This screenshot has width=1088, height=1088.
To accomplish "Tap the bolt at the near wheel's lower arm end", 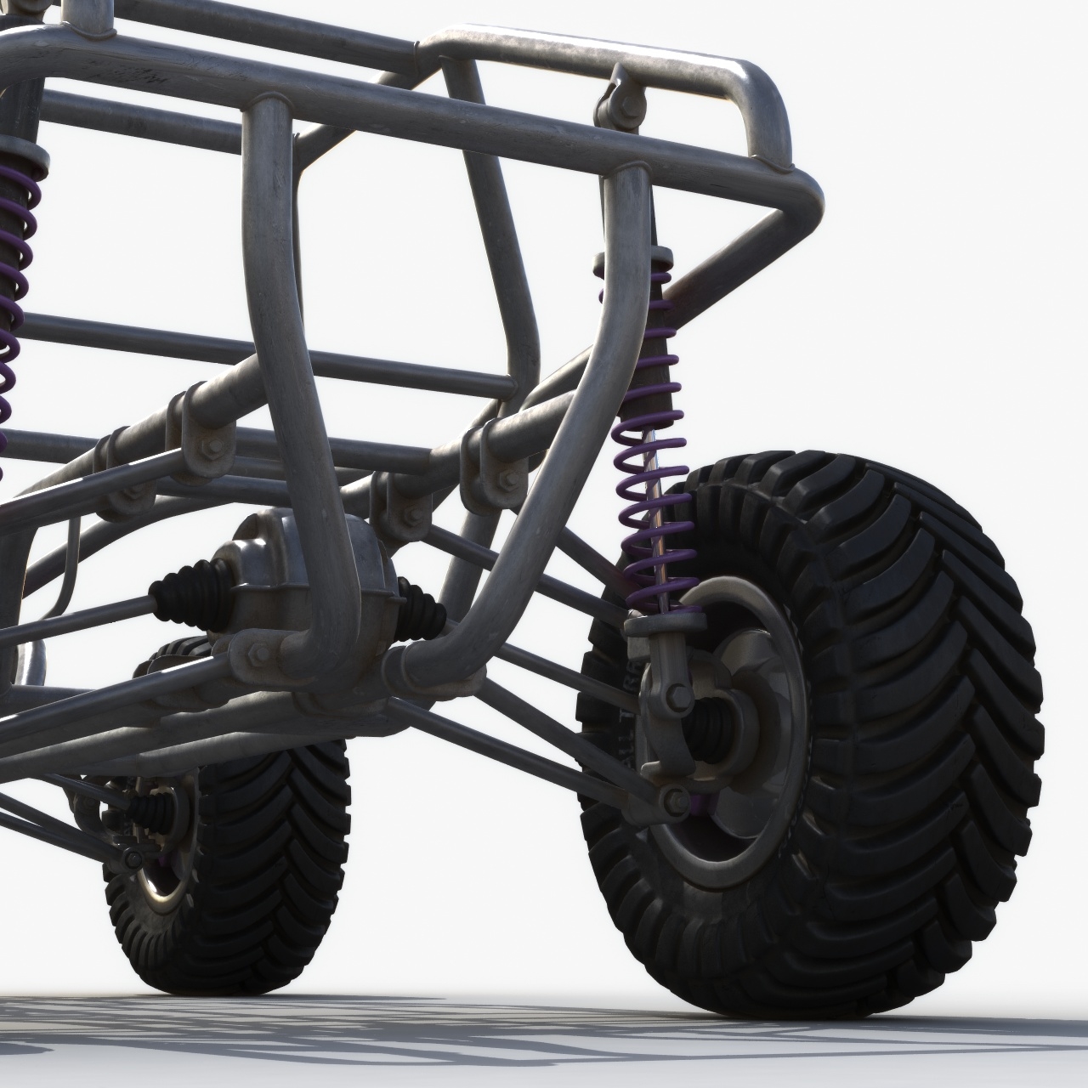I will [x=676, y=799].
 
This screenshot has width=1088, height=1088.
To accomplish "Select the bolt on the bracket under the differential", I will [x=259, y=653].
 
